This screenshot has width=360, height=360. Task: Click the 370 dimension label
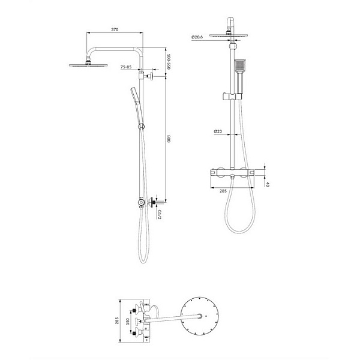coord(115,29)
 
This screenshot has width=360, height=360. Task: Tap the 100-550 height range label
coord(169,62)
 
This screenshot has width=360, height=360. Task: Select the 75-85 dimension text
coord(126,67)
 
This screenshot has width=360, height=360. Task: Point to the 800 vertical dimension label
coord(169,139)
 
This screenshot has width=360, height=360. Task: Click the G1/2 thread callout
coord(160,214)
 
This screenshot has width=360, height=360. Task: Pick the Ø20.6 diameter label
coord(197,37)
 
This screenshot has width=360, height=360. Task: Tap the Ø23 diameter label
coord(218,131)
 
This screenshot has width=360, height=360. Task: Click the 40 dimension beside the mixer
coord(267,184)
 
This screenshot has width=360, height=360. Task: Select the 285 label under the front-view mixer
coord(223,191)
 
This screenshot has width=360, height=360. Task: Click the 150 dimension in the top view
coord(128,321)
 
